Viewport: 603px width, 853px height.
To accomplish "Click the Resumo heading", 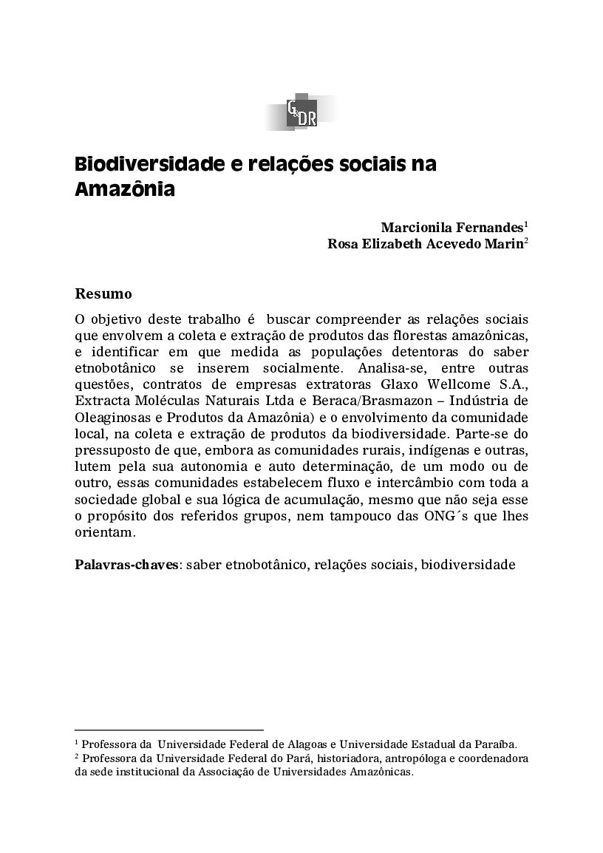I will point(103,294).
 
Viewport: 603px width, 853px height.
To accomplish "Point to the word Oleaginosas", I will point(112,417).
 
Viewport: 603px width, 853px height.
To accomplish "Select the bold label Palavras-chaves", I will point(126,565).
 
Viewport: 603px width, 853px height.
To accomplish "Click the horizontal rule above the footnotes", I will point(169,729).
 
